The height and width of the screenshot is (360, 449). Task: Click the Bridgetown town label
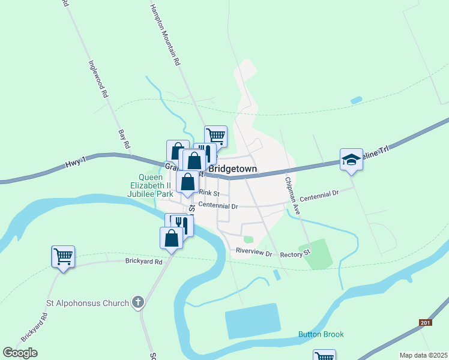[x=233, y=169]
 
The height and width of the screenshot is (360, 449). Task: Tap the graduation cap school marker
[x=351, y=160]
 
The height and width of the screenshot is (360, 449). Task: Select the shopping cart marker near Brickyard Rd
[x=63, y=257]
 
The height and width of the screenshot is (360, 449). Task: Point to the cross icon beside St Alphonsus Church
[x=138, y=302]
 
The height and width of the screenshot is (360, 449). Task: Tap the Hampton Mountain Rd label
[x=165, y=34]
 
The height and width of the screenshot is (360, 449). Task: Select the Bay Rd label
[x=124, y=139]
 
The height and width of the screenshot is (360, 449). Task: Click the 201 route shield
[x=425, y=323]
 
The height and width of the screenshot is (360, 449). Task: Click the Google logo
[x=20, y=353]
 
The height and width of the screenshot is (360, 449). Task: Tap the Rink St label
[x=209, y=193]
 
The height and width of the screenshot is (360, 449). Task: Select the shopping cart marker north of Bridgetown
[x=215, y=136]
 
